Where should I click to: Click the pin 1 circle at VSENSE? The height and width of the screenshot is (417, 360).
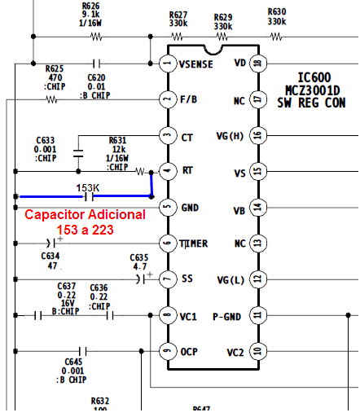(x=167, y=64)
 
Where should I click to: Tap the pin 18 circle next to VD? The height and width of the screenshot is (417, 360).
(x=258, y=64)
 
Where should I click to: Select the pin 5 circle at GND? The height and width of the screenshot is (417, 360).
(x=167, y=207)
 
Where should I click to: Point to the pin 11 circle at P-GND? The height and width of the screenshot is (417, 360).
(x=258, y=314)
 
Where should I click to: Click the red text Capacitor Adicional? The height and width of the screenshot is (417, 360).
(x=86, y=215)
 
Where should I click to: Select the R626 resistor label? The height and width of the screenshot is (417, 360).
(x=91, y=6)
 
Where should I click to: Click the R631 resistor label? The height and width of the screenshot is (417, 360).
(x=119, y=140)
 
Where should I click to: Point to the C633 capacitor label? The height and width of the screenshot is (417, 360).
(x=46, y=140)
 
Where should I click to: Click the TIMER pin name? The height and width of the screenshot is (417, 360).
(x=193, y=244)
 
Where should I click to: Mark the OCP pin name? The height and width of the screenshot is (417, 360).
(x=189, y=351)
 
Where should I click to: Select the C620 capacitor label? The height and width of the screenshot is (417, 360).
(x=96, y=77)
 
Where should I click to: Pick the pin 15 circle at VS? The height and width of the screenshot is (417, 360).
(x=258, y=171)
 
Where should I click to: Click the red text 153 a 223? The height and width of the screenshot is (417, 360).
(x=85, y=230)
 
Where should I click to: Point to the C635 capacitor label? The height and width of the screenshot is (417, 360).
(x=139, y=257)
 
